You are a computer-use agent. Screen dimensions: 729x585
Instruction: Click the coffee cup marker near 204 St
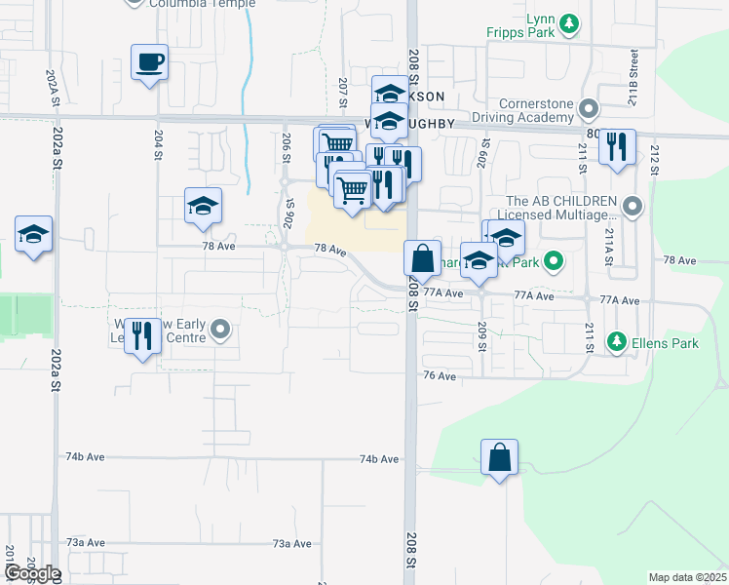pos(149,63)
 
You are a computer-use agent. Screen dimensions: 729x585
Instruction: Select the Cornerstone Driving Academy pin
pos(587,108)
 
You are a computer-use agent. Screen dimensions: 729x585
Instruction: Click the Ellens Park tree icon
pos(616,342)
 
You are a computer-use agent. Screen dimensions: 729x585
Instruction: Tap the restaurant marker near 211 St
pos(616,147)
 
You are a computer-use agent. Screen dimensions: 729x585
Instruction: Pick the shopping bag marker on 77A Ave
pos(423,259)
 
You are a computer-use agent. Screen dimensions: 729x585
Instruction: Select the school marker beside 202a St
pos(33,235)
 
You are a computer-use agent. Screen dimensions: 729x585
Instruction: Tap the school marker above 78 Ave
pos(203,207)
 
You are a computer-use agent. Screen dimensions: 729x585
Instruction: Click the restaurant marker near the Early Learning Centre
pos(144,336)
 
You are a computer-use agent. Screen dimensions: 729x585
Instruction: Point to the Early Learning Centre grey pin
pos(221,330)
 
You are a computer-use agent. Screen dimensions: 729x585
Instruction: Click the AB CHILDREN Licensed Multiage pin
pos(633,206)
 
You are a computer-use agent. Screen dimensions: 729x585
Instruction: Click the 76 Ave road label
pos(440,375)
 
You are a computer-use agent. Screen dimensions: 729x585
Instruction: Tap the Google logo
pos(31,573)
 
